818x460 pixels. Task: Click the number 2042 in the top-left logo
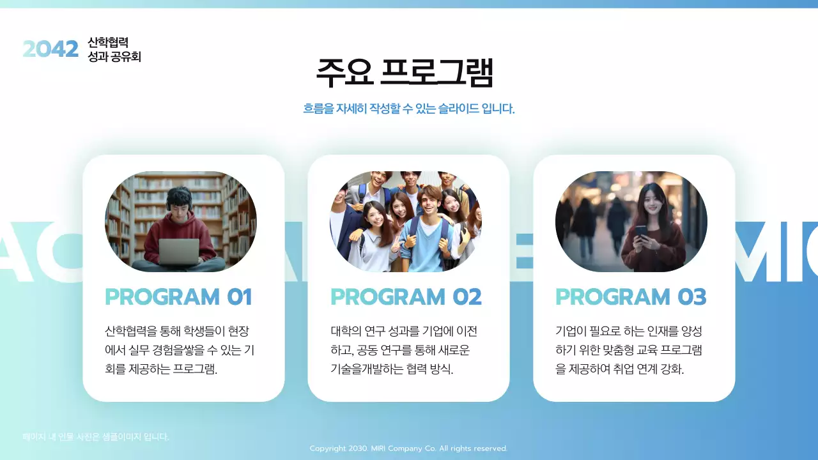tap(50, 49)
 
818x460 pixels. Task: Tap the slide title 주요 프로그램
tap(405, 73)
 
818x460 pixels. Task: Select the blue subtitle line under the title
tap(409, 109)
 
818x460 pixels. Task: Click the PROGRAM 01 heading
tap(178, 297)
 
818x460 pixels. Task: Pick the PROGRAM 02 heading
tap(406, 297)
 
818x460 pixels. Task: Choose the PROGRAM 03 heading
tap(631, 297)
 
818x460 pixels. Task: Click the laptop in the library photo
tap(178, 252)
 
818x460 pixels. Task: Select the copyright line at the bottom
tap(408, 448)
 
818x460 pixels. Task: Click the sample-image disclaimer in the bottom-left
tap(96, 437)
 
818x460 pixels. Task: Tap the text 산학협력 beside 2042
tap(108, 42)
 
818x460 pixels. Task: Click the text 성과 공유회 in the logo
tap(114, 57)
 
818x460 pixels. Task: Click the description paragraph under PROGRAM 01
tap(180, 350)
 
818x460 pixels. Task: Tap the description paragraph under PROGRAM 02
tap(404, 350)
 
